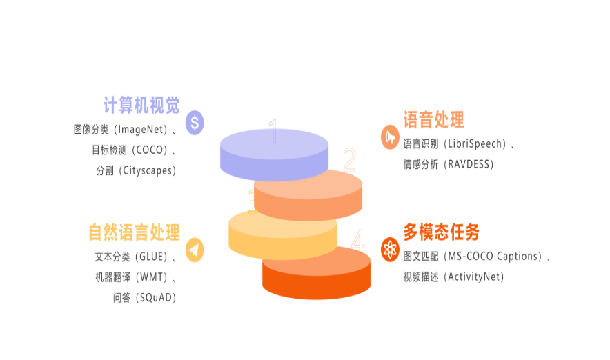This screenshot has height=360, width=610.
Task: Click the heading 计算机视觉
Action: pos(141,105)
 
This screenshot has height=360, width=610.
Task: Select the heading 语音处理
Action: pos(433,119)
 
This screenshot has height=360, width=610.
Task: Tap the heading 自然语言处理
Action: pos(134,232)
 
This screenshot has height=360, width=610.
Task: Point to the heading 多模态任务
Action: pos(441,232)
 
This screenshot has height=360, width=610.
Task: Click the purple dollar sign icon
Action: pos(195,123)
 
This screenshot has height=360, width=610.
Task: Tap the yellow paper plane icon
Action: pos(195,250)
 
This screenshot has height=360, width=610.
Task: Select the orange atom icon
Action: pos(390,250)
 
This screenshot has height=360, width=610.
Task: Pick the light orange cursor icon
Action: pos(390,137)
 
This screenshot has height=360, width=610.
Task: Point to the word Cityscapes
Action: pos(148,170)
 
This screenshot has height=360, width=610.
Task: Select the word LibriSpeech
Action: pos(474,144)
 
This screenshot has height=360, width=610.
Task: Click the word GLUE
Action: pos(151,257)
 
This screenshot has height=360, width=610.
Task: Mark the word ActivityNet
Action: pos(473,277)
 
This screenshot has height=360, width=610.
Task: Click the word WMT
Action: pos(151,277)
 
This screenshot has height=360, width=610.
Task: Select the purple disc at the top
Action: pos(274,154)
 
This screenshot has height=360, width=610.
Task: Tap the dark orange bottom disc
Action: pos(316,273)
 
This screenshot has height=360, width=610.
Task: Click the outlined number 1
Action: pos(274,131)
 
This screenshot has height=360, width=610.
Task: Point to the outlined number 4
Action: pos(358,241)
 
